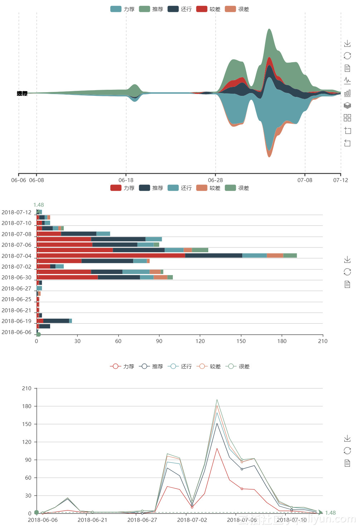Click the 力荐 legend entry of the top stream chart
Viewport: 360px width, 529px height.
(122, 9)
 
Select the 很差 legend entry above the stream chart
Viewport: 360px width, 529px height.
(237, 9)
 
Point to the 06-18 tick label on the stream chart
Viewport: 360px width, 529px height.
(126, 180)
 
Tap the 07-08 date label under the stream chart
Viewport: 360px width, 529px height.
(305, 180)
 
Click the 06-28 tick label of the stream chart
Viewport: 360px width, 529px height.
(215, 180)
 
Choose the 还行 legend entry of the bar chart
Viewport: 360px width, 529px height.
(180, 188)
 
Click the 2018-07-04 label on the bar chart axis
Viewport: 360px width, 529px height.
(16, 256)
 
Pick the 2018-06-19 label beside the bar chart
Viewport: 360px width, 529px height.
(16, 321)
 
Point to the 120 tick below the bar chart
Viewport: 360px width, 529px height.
(200, 341)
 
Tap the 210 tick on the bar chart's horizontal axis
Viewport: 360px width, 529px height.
(323, 341)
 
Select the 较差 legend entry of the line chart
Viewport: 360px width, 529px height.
(209, 366)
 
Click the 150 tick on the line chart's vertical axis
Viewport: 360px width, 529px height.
(27, 424)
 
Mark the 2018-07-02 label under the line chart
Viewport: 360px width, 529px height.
(192, 520)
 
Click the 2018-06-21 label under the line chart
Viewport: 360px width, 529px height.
(92, 520)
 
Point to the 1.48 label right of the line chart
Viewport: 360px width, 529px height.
(330, 513)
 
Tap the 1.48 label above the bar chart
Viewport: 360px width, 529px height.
(39, 205)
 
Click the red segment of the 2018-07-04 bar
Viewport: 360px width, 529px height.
(111, 255)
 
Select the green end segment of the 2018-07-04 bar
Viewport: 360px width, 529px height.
(290, 255)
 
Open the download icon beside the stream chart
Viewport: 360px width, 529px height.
(347, 44)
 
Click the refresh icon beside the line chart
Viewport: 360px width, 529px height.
(347, 451)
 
